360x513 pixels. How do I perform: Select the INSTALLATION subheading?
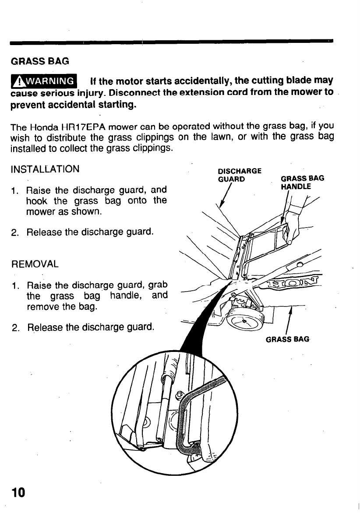pos(45,169)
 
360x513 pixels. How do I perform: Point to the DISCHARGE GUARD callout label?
pos(240,175)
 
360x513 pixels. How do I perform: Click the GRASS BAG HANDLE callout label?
pos(302,182)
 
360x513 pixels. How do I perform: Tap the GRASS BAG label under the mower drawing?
pos(288,339)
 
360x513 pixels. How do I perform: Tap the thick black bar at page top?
pos(171,41)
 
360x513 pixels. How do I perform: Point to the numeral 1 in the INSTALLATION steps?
pos(15,191)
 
